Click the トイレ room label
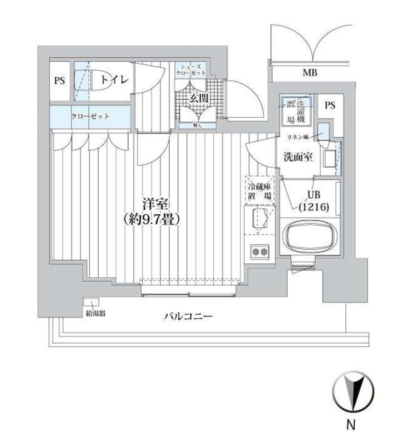[114, 80]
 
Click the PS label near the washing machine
[330, 105]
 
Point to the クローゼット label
[90, 116]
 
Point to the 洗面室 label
[299, 157]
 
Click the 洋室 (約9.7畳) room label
[151, 212]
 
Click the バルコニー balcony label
[188, 316]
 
